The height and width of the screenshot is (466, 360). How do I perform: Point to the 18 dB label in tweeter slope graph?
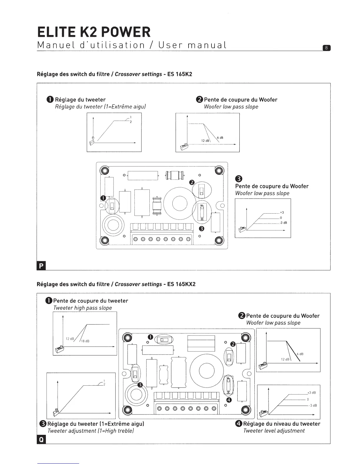(85, 341)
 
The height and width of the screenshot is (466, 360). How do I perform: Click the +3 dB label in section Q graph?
(311, 393)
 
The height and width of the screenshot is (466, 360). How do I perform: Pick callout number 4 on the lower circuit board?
(229, 400)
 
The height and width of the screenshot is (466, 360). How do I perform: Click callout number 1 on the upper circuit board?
(103, 198)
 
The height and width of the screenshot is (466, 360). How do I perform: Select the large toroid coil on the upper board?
(176, 203)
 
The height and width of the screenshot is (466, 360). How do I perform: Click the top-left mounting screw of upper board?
(104, 171)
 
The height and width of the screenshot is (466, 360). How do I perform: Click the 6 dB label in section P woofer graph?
(220, 138)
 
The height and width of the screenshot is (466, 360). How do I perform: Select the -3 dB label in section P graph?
(283, 223)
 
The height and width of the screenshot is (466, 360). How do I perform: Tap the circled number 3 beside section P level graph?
(239, 179)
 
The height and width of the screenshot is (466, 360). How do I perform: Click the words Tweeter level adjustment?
(274, 431)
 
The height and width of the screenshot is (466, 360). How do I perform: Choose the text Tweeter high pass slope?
(83, 308)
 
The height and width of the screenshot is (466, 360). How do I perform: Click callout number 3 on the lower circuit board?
(140, 385)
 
